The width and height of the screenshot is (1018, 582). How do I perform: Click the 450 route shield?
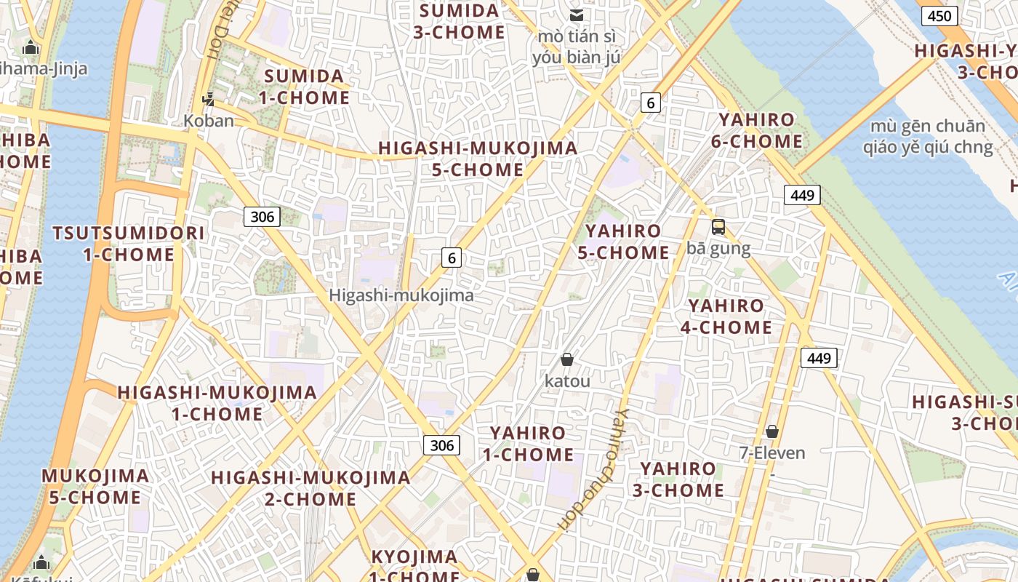pyautogui.click(x=939, y=16)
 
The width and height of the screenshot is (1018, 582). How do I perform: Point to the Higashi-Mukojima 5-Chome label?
pyautogui.click(x=478, y=159)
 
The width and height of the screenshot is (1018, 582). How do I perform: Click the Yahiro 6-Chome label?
pyautogui.click(x=757, y=130)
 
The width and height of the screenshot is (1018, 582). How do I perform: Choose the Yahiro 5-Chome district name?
pyautogui.click(x=623, y=242)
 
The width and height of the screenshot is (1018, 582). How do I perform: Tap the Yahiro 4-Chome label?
pyautogui.click(x=726, y=316)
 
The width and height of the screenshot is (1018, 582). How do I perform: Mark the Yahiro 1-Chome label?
pyautogui.click(x=528, y=444)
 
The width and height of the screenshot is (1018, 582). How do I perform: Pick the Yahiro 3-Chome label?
pyautogui.click(x=678, y=479)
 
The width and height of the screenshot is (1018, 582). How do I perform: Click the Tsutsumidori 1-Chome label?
pyautogui.click(x=129, y=244)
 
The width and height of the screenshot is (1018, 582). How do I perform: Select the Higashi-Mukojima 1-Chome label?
pyautogui.click(x=217, y=403)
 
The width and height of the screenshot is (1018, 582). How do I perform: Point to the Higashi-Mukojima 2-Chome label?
pyautogui.click(x=310, y=488)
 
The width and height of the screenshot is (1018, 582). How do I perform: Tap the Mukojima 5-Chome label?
pyautogui.click(x=95, y=487)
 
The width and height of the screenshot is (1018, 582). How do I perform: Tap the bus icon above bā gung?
pyautogui.click(x=718, y=227)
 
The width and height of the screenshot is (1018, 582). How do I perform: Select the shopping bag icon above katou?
pyautogui.click(x=567, y=359)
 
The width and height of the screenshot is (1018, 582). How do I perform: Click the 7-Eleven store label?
pyautogui.click(x=772, y=453)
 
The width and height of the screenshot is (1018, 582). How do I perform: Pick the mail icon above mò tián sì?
pyautogui.click(x=577, y=15)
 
